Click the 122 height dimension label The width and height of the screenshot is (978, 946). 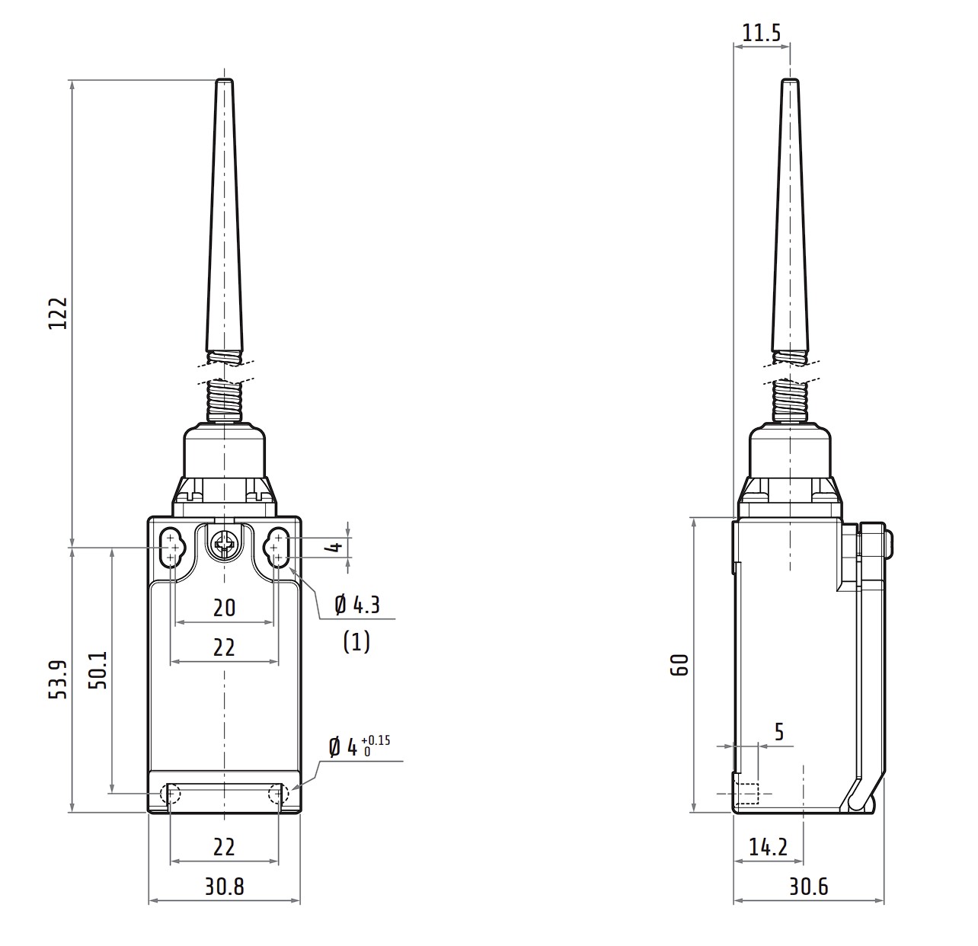58,314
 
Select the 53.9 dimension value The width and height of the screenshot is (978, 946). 58,679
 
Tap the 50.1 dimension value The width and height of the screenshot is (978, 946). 98,670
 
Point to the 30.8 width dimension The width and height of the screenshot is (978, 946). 224,887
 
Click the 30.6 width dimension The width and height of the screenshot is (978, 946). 809,887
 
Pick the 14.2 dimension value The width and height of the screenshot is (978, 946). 769,847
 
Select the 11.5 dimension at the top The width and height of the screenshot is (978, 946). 762,34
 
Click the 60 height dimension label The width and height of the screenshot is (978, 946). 679,665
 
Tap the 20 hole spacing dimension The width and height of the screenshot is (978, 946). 224,609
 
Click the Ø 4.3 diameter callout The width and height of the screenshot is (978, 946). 357,606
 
